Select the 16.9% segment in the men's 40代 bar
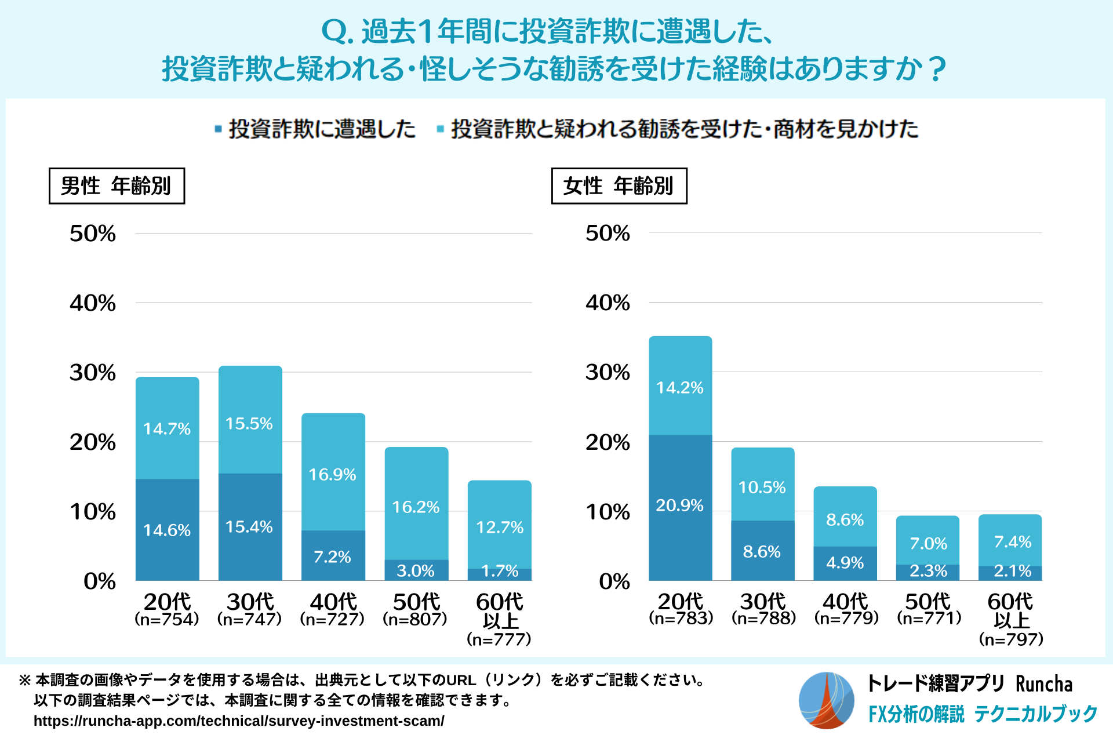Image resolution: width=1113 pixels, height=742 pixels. (x=333, y=472)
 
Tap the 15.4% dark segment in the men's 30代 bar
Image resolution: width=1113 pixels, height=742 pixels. (x=250, y=526)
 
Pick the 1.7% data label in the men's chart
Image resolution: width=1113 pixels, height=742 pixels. (x=500, y=571)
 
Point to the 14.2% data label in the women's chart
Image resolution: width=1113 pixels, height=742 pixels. (x=679, y=387)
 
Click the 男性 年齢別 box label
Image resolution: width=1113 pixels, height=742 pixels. (x=117, y=186)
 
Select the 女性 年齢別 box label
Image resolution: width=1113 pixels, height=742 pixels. (x=619, y=186)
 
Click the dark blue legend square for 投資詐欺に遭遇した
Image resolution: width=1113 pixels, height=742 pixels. (x=218, y=129)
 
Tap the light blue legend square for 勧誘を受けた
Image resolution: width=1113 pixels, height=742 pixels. (x=441, y=129)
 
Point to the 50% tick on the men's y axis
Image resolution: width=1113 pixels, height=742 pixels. (x=93, y=234)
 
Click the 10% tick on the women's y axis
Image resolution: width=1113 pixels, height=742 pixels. (x=608, y=511)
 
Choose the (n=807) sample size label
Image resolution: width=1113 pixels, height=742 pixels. (x=415, y=619)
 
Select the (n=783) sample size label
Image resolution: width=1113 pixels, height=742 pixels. (x=681, y=618)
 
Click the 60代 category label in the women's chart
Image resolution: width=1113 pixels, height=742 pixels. (x=1010, y=602)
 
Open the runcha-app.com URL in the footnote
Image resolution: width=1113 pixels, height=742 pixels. (x=239, y=721)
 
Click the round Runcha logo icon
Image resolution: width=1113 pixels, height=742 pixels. (x=826, y=700)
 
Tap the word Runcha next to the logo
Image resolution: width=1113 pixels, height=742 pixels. (x=1043, y=684)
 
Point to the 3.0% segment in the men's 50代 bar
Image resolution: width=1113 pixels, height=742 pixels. (x=416, y=570)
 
